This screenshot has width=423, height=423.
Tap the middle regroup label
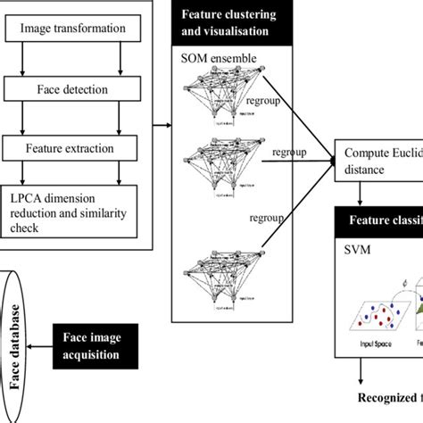287,153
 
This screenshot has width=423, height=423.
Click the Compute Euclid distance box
378,160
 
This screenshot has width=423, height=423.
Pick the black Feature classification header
378,222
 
